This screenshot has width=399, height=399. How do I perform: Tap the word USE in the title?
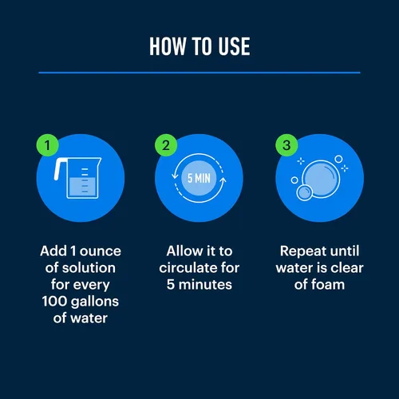pyautogui.click(x=234, y=46)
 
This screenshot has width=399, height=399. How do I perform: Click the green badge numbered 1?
pyautogui.click(x=48, y=145)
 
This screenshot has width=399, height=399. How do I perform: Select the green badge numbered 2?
pyautogui.click(x=166, y=145)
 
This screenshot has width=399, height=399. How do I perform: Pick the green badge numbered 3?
pyautogui.click(x=286, y=145)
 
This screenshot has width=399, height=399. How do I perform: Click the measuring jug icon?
pyautogui.click(x=77, y=178)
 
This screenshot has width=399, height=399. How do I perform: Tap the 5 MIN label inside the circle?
pyautogui.click(x=199, y=178)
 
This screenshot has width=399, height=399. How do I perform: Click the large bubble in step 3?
pyautogui.click(x=321, y=179)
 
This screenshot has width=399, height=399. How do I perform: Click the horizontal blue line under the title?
pyautogui.click(x=199, y=73)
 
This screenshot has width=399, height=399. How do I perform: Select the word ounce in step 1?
pyautogui.click(x=101, y=251)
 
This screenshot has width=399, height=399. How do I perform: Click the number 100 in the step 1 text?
pyautogui.click(x=54, y=302)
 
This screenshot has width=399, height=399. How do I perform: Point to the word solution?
pyautogui.click(x=89, y=267)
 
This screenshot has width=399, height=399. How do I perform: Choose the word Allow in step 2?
pyautogui.click(x=184, y=251)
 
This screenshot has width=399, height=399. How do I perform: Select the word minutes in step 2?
pyautogui.click(x=205, y=285)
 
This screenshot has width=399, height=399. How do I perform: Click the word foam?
pyautogui.click(x=328, y=284)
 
